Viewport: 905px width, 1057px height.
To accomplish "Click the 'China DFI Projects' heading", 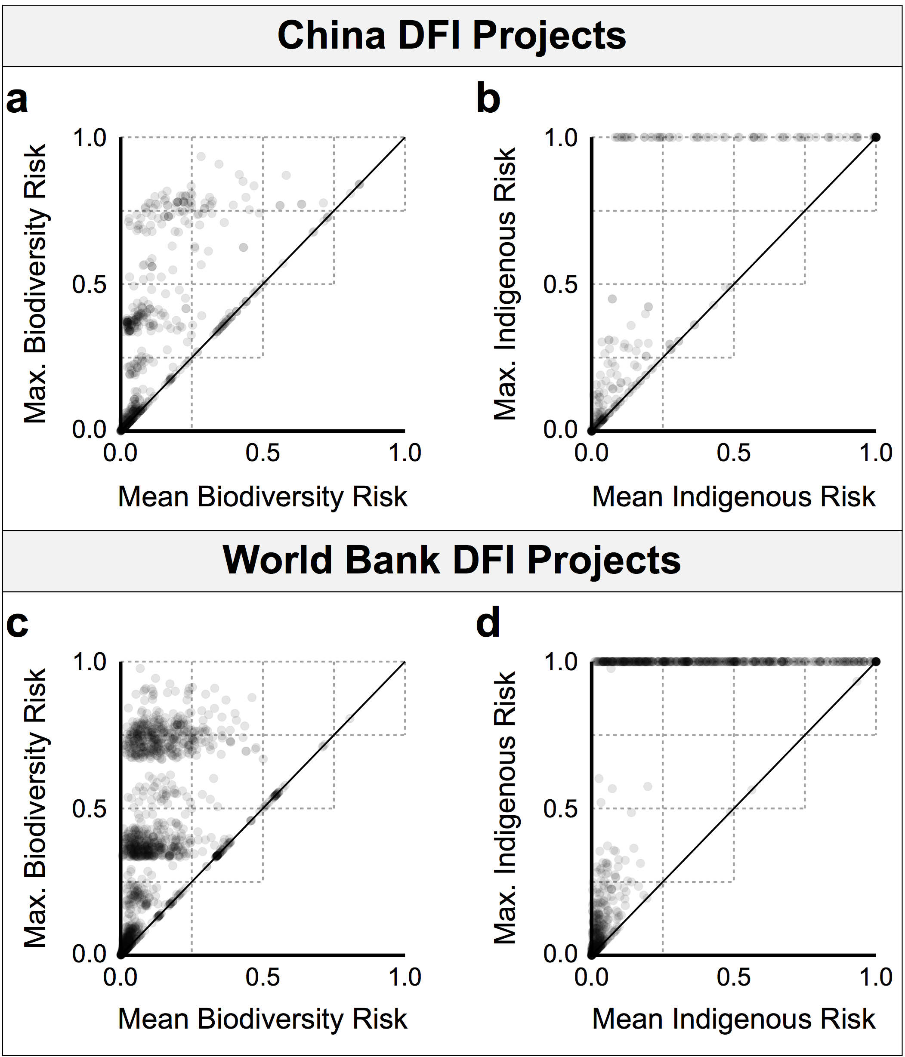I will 452,36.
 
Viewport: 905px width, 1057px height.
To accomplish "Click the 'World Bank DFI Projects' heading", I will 452,561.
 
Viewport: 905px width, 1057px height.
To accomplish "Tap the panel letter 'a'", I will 17,101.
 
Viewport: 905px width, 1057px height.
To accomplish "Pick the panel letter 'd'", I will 488,623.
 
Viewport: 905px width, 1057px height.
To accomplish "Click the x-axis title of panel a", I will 263,497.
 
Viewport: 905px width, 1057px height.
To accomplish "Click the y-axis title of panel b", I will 505,284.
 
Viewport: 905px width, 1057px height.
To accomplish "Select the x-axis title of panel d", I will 733,1020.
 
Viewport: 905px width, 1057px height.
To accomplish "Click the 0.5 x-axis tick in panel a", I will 263,453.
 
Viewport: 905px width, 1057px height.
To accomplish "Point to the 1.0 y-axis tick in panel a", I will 90,138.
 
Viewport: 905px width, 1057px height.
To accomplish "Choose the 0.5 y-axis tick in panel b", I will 560,284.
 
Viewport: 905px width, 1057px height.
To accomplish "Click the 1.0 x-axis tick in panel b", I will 876,453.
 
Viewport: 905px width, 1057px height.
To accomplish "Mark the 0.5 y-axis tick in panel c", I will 90,809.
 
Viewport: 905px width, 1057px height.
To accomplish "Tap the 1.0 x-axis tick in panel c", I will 405,977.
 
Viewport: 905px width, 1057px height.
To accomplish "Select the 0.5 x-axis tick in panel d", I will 733,977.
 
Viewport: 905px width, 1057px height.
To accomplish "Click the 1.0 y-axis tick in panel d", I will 560,663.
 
